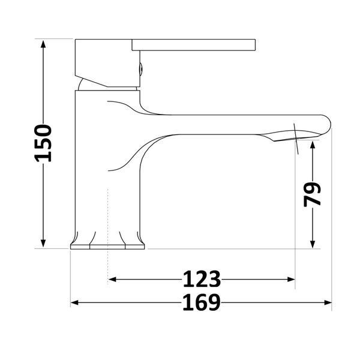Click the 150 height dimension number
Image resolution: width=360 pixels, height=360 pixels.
(x=43, y=143)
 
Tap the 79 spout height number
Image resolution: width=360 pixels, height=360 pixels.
(x=312, y=194)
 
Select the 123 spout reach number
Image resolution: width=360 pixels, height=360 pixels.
(x=202, y=279)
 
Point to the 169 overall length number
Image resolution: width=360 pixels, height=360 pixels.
(x=202, y=302)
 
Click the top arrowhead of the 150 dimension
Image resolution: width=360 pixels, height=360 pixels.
(x=43, y=44)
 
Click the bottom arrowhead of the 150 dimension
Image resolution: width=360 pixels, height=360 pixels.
(x=43, y=244)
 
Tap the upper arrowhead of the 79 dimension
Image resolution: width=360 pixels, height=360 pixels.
(x=312, y=145)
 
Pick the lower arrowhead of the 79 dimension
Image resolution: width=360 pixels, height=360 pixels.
(x=312, y=244)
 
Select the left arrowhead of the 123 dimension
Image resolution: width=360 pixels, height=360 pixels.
(x=112, y=280)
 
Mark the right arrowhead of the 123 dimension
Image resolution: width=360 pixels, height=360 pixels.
(x=290, y=280)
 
